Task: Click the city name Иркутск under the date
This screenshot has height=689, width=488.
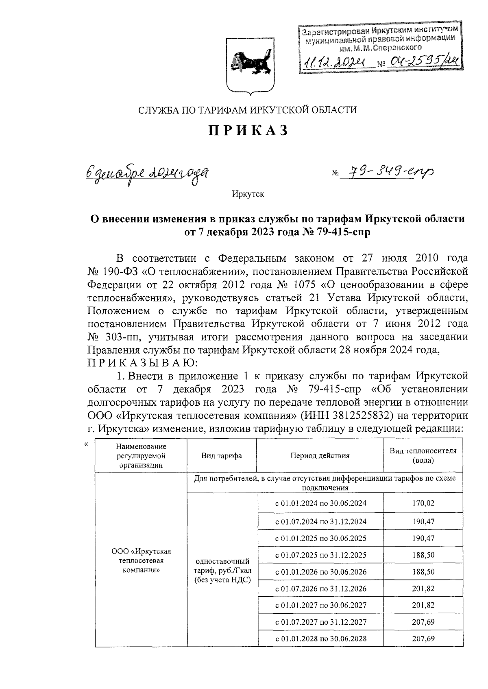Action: tap(248, 194)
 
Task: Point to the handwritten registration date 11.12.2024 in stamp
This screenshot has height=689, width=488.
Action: tap(333, 62)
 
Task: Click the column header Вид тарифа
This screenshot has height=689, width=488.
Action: tap(222, 455)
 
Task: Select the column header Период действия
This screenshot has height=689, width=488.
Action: tap(320, 455)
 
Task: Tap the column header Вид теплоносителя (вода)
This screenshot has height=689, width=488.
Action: tap(423, 455)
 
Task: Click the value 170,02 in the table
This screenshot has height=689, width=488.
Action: tap(423, 503)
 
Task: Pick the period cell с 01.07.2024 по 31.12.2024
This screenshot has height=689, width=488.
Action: tap(320, 521)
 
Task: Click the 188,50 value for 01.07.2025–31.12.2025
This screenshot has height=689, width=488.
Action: tap(423, 555)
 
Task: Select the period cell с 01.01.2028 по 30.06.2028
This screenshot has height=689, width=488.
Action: tap(320, 638)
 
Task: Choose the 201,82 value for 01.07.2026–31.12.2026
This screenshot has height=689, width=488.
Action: tap(423, 588)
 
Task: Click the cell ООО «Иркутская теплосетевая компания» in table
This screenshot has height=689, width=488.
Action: tap(141, 560)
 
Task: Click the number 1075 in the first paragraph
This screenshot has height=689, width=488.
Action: tap(321, 284)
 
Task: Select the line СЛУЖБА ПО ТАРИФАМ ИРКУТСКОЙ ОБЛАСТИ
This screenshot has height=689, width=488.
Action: tap(248, 109)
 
